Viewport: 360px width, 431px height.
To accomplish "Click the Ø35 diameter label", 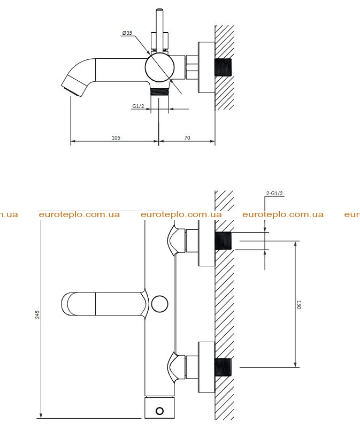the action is tap(127, 33).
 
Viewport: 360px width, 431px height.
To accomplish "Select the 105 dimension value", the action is tap(116, 138).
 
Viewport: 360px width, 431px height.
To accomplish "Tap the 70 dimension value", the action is tap(187, 138).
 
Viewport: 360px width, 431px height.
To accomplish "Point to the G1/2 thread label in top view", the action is tap(138, 106).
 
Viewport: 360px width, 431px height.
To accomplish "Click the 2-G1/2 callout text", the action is tap(274, 194).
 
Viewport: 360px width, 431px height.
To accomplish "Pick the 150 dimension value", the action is tap(299, 305).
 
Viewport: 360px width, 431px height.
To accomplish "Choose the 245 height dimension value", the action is tap(37, 315).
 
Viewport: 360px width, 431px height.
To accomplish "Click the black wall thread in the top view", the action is tap(224, 67).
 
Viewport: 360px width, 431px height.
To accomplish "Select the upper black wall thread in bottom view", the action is tap(224, 241).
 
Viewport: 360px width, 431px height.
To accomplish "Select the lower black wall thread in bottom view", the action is tap(224, 367).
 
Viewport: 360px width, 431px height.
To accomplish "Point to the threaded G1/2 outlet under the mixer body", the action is tap(159, 92).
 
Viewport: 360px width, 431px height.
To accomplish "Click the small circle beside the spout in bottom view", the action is tap(160, 304).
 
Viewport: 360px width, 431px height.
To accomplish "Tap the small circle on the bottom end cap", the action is tap(159, 411).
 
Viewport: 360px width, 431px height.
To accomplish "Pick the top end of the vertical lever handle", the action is tap(159, 10).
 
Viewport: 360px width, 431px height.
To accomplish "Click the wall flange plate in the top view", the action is tap(206, 67).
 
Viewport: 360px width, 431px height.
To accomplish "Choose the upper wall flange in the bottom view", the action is tap(206, 243).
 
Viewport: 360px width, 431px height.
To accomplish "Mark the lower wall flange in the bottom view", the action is tap(206, 367).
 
